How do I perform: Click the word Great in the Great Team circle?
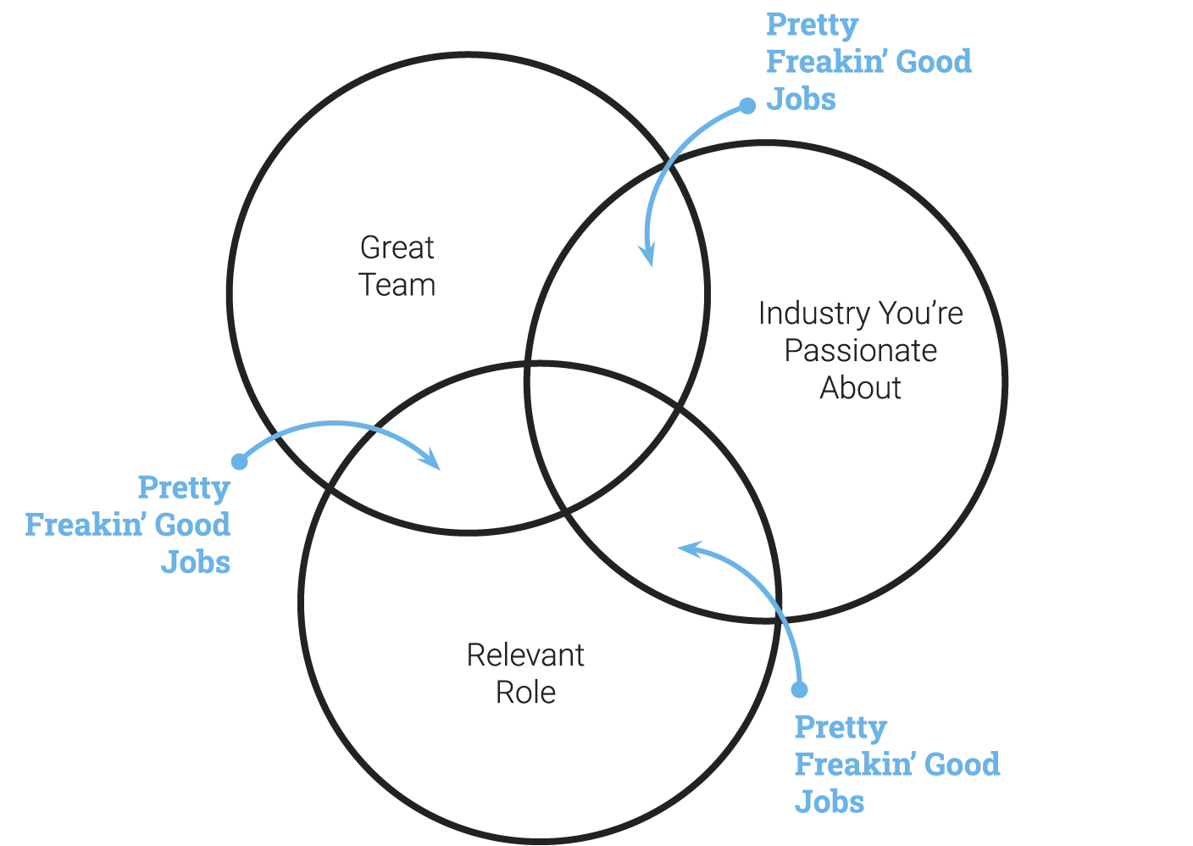(x=397, y=248)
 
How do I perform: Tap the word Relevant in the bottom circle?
(x=529, y=654)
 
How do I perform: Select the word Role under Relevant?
(x=524, y=693)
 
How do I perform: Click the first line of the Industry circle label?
(x=859, y=314)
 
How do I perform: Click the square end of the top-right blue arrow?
(x=747, y=105)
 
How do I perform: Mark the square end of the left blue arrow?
(x=239, y=463)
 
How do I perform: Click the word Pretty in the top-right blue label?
(x=813, y=25)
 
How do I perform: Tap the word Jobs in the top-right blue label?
(x=801, y=99)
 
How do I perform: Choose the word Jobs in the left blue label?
(x=194, y=563)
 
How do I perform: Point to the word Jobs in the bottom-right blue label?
(x=830, y=802)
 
